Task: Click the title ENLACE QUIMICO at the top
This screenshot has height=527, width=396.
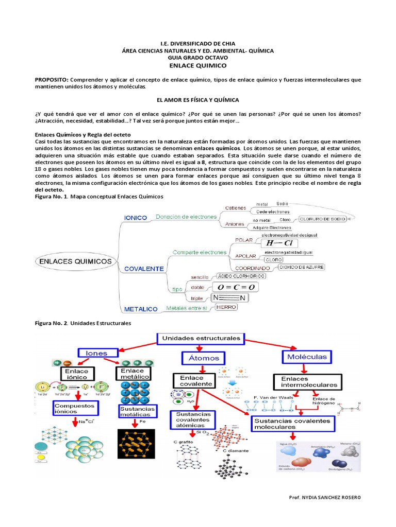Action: [198, 66]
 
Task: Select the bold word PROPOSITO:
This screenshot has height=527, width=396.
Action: [51, 80]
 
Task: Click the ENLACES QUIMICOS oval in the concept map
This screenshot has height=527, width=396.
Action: [75, 261]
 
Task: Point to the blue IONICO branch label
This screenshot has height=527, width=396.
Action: [135, 218]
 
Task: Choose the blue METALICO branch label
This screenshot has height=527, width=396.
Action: [140, 309]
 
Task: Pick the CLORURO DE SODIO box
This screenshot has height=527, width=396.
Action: [322, 218]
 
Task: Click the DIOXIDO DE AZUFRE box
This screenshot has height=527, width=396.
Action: [302, 268]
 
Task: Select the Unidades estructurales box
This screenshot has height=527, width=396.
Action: [201, 338]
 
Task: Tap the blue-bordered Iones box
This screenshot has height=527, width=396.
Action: [96, 353]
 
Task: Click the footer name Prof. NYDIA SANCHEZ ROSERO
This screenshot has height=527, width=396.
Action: [325, 497]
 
